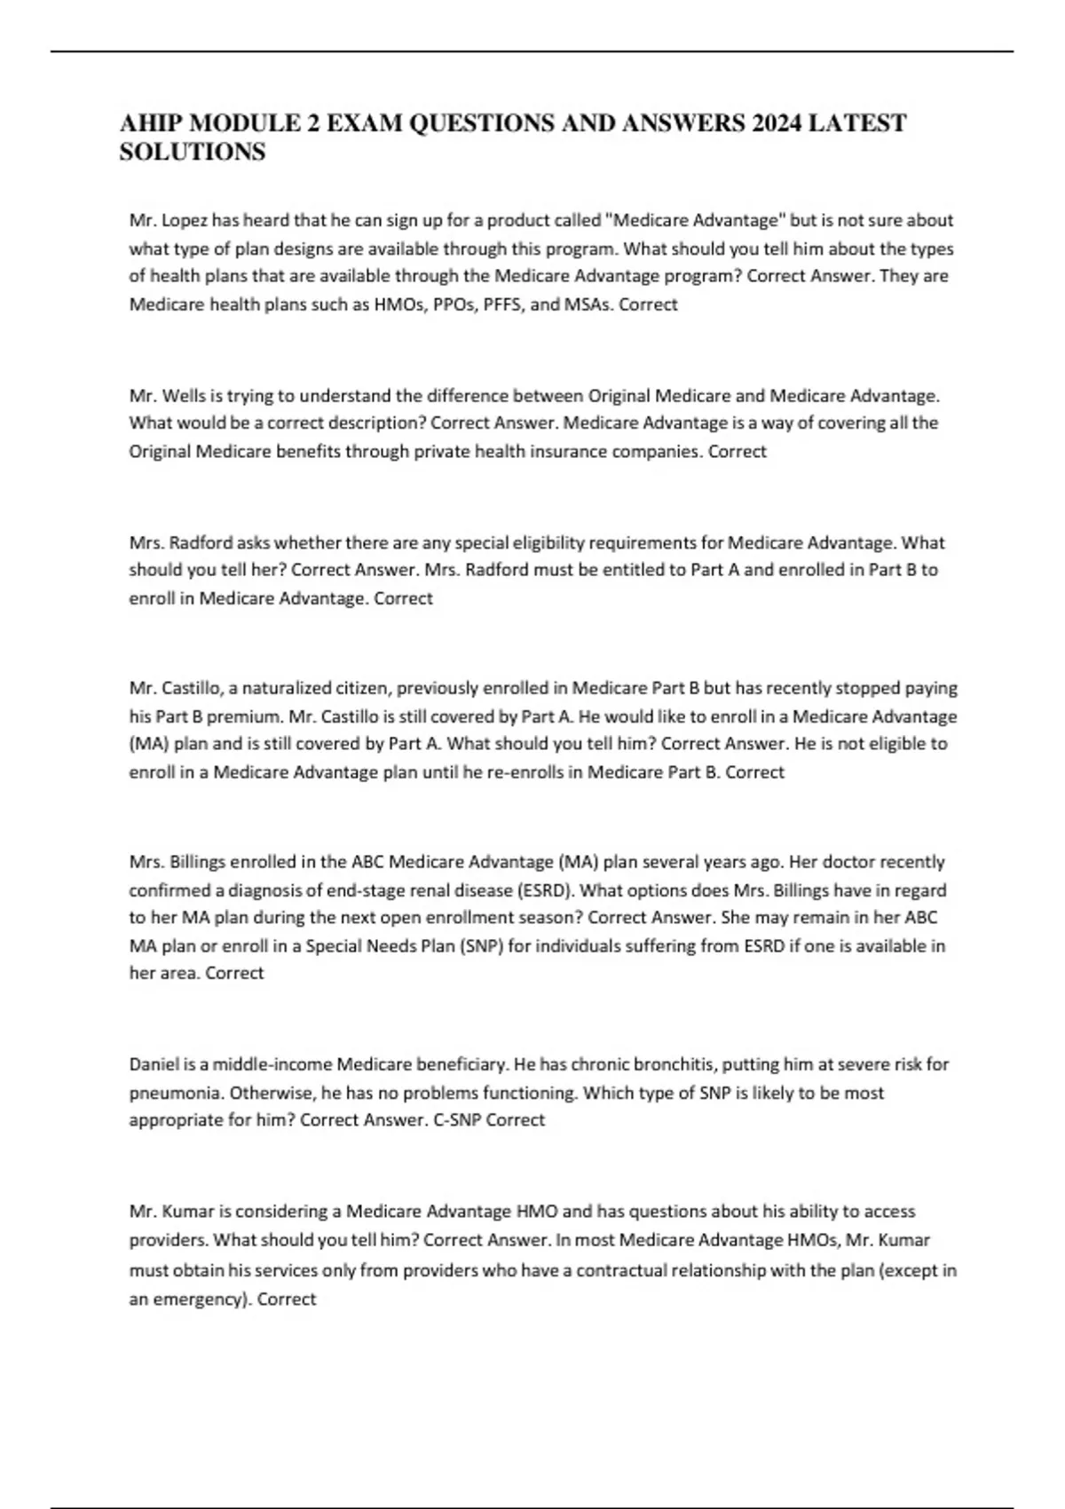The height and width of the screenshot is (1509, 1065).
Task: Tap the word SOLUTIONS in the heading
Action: coord(193,152)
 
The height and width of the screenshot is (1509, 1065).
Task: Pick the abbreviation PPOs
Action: coord(452,304)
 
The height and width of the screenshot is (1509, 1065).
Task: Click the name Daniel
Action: coord(154,1063)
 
